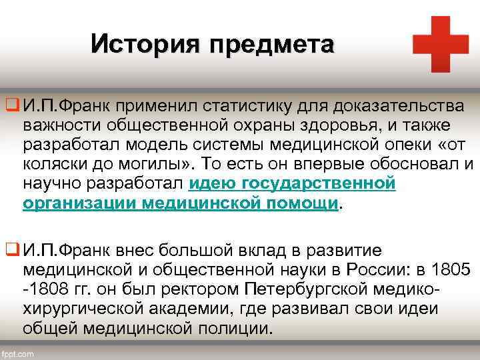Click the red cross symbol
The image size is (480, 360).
tap(441, 44)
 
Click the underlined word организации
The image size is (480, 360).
tap(80, 203)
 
